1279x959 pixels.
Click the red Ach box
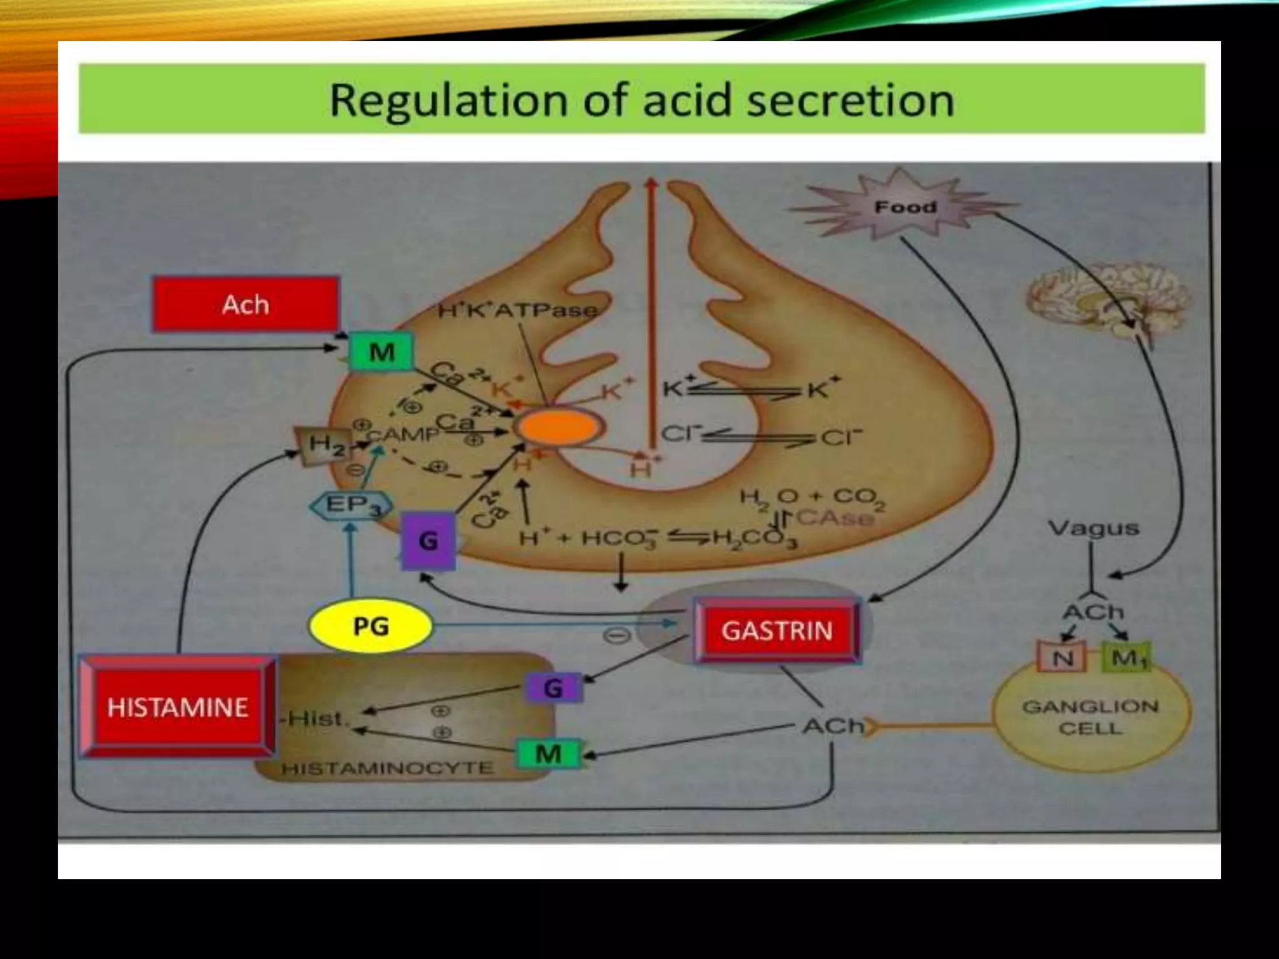click(x=246, y=305)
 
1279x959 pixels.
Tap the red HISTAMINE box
click(x=178, y=707)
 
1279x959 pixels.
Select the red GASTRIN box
click(x=777, y=631)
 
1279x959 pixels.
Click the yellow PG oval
click(x=371, y=626)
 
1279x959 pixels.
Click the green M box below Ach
click(x=382, y=353)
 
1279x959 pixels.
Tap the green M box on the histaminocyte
click(x=548, y=754)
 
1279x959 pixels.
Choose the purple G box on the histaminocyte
click(x=553, y=689)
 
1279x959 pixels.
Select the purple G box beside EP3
click(x=428, y=541)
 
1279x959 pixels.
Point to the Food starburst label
click(x=906, y=207)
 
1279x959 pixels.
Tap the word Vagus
click(x=1094, y=528)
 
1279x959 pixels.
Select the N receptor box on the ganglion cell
click(x=1062, y=657)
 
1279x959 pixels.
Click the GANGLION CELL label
click(x=1090, y=717)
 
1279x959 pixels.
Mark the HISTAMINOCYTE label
click(x=387, y=768)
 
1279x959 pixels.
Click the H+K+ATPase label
click(x=517, y=310)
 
